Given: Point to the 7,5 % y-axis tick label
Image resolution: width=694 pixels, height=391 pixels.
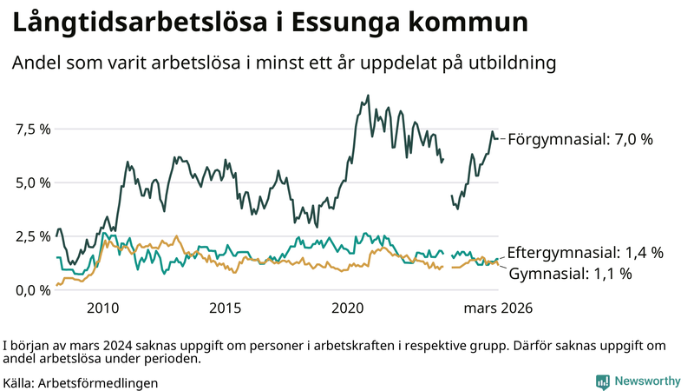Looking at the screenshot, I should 32,129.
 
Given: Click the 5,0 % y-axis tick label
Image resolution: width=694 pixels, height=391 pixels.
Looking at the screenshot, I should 32,182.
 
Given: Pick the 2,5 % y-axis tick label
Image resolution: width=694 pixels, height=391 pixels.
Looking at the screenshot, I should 32,236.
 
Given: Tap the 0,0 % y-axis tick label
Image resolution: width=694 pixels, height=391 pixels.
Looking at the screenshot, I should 32,289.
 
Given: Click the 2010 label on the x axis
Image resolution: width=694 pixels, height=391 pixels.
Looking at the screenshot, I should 102,308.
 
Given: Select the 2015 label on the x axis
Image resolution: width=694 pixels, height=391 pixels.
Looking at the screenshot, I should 225,308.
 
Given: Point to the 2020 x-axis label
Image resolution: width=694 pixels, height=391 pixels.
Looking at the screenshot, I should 348,308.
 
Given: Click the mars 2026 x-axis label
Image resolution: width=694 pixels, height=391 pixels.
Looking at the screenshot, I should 498,308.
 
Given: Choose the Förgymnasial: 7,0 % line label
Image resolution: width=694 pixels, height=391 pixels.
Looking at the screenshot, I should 579,139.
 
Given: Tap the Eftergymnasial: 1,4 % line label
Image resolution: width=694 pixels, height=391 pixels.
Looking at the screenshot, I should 586,253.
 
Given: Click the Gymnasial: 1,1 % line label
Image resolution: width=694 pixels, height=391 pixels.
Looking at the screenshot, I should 570,274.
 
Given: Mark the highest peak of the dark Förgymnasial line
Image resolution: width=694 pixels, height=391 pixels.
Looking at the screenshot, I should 369,96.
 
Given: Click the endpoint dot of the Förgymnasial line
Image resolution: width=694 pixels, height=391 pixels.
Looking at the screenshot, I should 495,139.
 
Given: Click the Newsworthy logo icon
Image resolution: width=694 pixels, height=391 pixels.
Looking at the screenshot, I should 602,381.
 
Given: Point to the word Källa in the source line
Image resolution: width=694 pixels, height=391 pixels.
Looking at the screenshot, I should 19,382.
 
